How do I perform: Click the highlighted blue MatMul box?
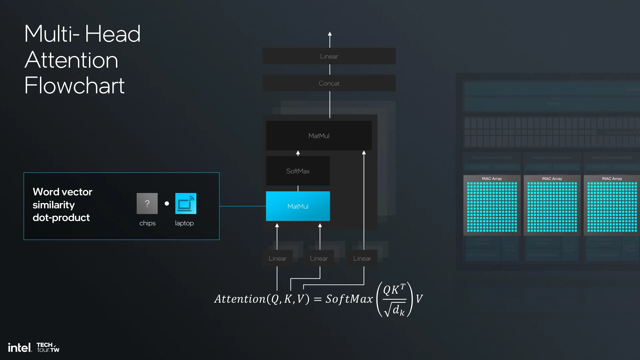[298, 206]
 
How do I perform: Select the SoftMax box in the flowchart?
[298, 171]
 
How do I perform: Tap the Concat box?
[329, 83]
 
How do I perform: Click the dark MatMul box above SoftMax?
[319, 136]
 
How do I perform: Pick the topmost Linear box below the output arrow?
[329, 56]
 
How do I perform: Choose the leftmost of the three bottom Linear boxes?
[277, 258]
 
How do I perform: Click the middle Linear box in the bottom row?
[319, 258]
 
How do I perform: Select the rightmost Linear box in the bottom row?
[362, 258]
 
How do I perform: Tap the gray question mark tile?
[147, 203]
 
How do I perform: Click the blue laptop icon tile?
[186, 203]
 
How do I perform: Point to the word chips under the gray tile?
[147, 223]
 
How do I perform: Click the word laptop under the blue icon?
[184, 223]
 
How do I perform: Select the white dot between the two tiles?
[167, 203]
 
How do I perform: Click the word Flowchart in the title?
[74, 86]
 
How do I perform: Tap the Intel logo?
[20, 348]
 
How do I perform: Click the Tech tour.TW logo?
[48, 347]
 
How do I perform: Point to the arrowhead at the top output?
[330, 34]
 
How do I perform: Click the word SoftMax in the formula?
[349, 299]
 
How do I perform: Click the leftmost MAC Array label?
[492, 179]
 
